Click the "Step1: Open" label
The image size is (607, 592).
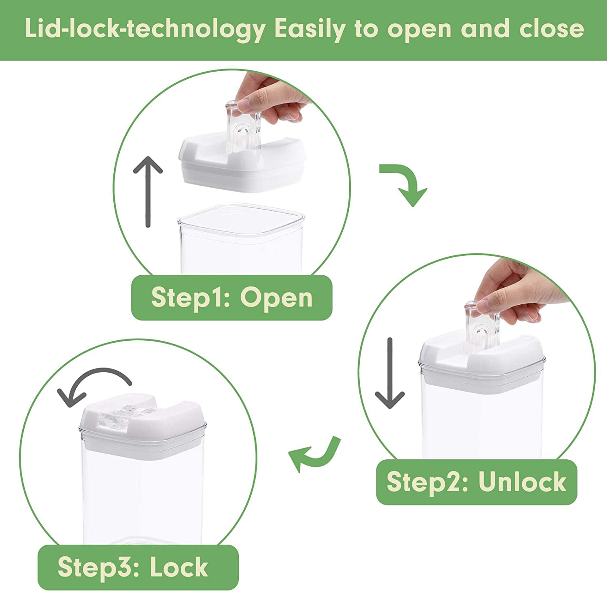pos(231,297)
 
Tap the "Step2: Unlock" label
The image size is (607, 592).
pos(477,482)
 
